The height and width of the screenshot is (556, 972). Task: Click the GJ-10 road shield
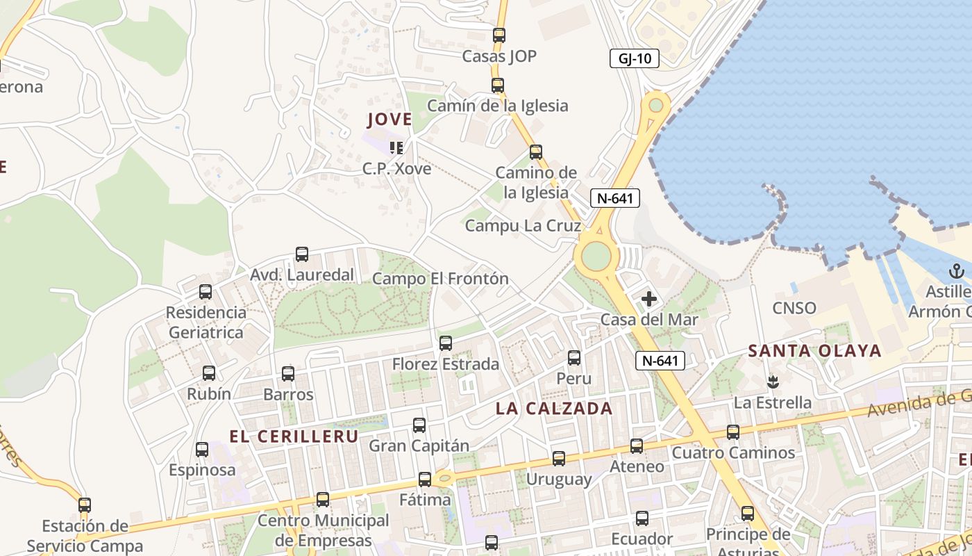tap(634, 58)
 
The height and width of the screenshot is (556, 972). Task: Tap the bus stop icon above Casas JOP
tap(498, 35)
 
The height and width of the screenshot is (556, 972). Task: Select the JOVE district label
tap(389, 120)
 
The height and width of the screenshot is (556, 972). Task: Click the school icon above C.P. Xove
tap(396, 147)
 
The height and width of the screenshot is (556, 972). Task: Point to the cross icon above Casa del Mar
tap(649, 300)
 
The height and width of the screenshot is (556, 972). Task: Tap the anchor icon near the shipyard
tap(957, 271)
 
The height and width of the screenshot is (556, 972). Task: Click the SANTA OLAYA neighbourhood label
tap(814, 351)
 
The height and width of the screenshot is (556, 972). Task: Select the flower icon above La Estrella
tap(771, 382)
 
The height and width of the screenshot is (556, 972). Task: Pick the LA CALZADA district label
tap(554, 409)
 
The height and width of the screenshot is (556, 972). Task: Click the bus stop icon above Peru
tap(574, 358)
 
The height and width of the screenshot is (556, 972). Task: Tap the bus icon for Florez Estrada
tap(446, 343)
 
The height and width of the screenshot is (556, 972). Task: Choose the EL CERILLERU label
tap(294, 436)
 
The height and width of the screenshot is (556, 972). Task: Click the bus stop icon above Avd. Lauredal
tap(301, 254)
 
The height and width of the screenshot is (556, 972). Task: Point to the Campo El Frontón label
tap(440, 279)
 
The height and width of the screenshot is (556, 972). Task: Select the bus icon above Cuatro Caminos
tap(733, 432)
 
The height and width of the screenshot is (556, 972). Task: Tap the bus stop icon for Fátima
tap(424, 479)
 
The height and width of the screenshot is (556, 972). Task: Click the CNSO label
tap(794, 308)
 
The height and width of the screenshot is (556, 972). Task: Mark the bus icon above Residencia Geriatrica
tap(206, 292)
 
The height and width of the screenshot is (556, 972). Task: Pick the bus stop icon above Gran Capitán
tap(419, 425)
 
